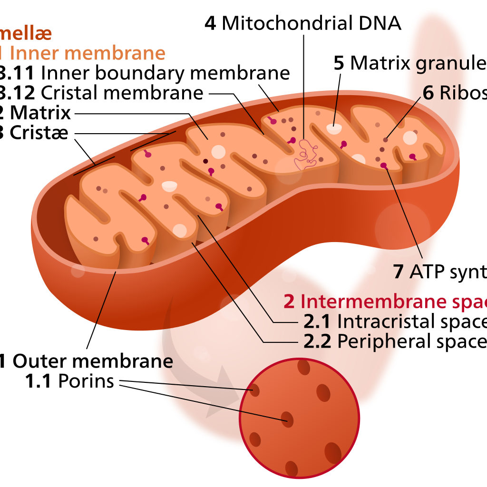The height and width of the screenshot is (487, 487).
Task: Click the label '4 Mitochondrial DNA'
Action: [303, 22]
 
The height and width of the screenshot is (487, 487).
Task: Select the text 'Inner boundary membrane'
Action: [166, 73]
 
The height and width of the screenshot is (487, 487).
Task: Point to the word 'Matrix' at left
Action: [40, 113]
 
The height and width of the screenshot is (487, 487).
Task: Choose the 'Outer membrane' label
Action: [92, 361]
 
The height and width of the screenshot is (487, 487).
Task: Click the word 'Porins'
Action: [86, 381]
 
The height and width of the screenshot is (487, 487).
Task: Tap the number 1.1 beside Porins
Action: [38, 381]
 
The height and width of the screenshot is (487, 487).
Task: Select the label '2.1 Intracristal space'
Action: [395, 322]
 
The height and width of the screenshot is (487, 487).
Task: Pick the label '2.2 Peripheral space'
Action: [395, 341]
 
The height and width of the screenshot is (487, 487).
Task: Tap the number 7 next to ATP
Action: [399, 272]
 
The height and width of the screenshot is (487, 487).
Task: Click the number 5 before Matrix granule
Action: [339, 63]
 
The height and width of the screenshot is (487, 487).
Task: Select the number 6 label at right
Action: [428, 93]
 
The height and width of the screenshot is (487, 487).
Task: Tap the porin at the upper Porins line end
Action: [255, 391]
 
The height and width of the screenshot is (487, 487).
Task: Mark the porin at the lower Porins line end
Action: [287, 419]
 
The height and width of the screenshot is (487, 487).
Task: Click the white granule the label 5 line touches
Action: [334, 129]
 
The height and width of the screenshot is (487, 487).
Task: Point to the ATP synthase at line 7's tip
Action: [383, 166]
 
